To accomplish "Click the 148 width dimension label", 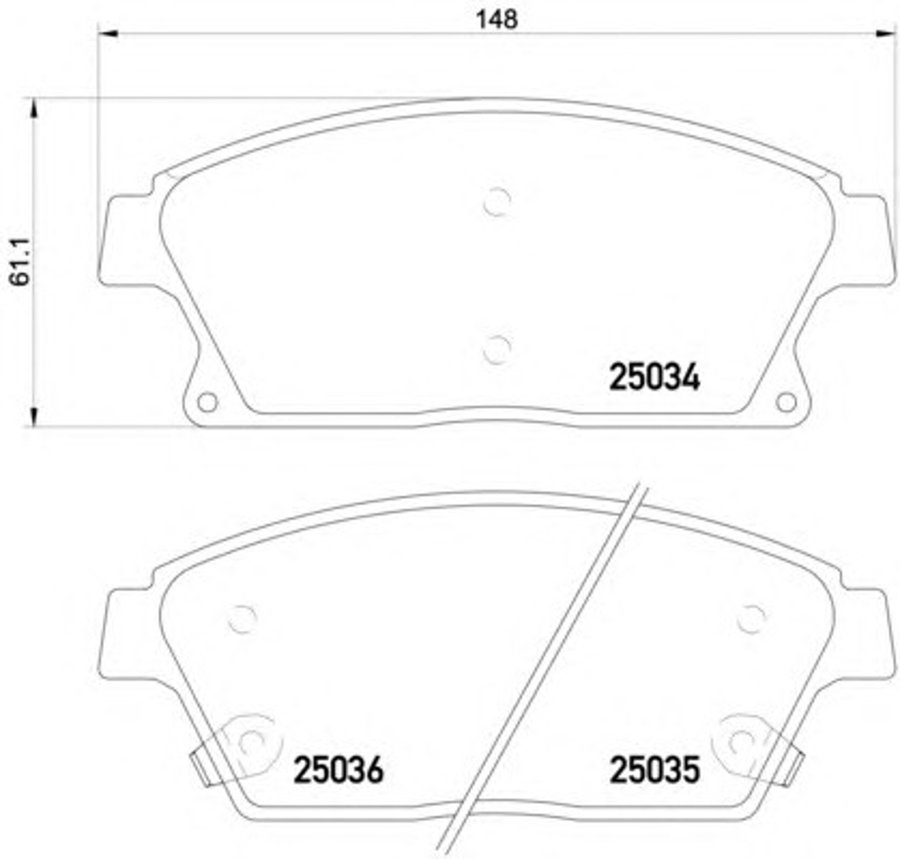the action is click(x=497, y=19).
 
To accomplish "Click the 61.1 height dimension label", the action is click(x=21, y=263).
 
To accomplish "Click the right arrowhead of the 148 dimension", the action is click(x=886, y=34).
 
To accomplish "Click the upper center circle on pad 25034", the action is click(x=497, y=202).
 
